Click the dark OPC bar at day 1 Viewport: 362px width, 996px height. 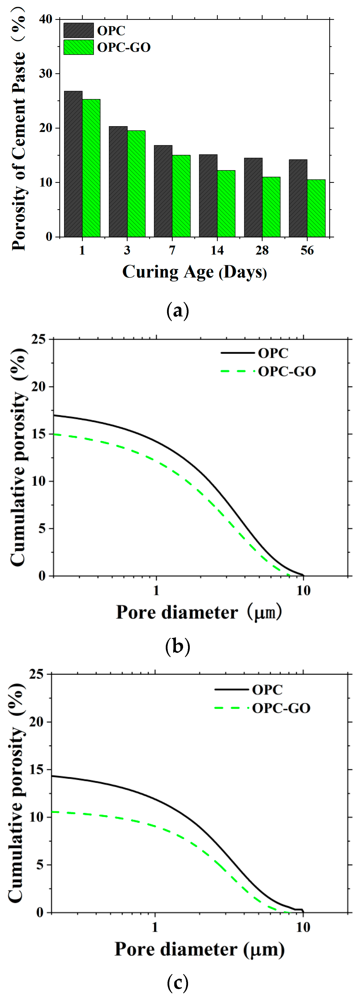coord(73,164)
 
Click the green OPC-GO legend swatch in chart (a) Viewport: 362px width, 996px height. coord(78,47)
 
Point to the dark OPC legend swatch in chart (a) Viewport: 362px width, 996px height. coord(78,30)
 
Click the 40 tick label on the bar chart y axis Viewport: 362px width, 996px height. coord(46,19)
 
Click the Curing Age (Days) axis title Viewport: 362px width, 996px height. coord(194,272)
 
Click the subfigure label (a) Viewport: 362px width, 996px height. coord(177,311)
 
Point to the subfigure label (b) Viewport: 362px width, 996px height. coord(177,646)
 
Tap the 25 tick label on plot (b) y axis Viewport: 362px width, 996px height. coord(38,339)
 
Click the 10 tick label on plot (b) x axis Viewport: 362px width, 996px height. coord(303,591)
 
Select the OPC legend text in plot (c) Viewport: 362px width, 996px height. coord(267,689)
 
